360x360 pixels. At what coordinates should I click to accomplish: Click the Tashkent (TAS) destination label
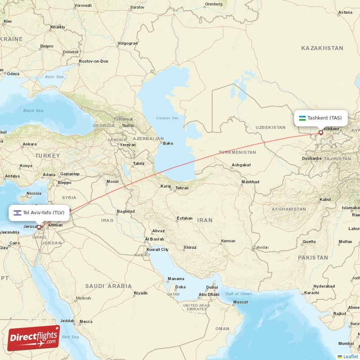coord(324,118)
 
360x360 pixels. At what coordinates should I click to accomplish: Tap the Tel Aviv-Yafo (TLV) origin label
coord(44,212)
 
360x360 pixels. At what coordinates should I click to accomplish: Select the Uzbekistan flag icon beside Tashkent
coord(302,118)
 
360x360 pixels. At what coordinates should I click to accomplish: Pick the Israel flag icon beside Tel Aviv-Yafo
coord(17,212)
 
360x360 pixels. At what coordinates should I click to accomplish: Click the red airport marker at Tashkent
coord(320,132)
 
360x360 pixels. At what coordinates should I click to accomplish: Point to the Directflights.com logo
coord(34,338)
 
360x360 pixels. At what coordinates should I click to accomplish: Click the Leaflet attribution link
coord(350,356)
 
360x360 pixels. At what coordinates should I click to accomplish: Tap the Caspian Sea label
coord(167,118)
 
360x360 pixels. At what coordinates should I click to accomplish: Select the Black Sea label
coord(33,110)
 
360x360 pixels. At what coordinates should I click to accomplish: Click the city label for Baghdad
coord(126,211)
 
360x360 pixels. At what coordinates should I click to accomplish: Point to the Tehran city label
coord(182,188)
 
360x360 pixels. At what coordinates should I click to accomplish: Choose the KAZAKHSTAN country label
coord(322,48)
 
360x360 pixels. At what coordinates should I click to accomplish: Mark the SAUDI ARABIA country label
coord(109,286)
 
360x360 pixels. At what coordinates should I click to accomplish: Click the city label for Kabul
coord(325,199)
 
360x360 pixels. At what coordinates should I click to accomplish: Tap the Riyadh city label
coord(140,293)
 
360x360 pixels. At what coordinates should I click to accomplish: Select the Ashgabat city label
coord(241,165)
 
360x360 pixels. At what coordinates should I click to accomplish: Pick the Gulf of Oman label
coord(238,293)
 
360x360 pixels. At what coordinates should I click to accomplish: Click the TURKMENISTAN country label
coord(237,153)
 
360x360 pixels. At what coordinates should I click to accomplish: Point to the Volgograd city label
coord(127,44)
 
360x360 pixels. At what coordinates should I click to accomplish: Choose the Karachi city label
coord(311,292)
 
